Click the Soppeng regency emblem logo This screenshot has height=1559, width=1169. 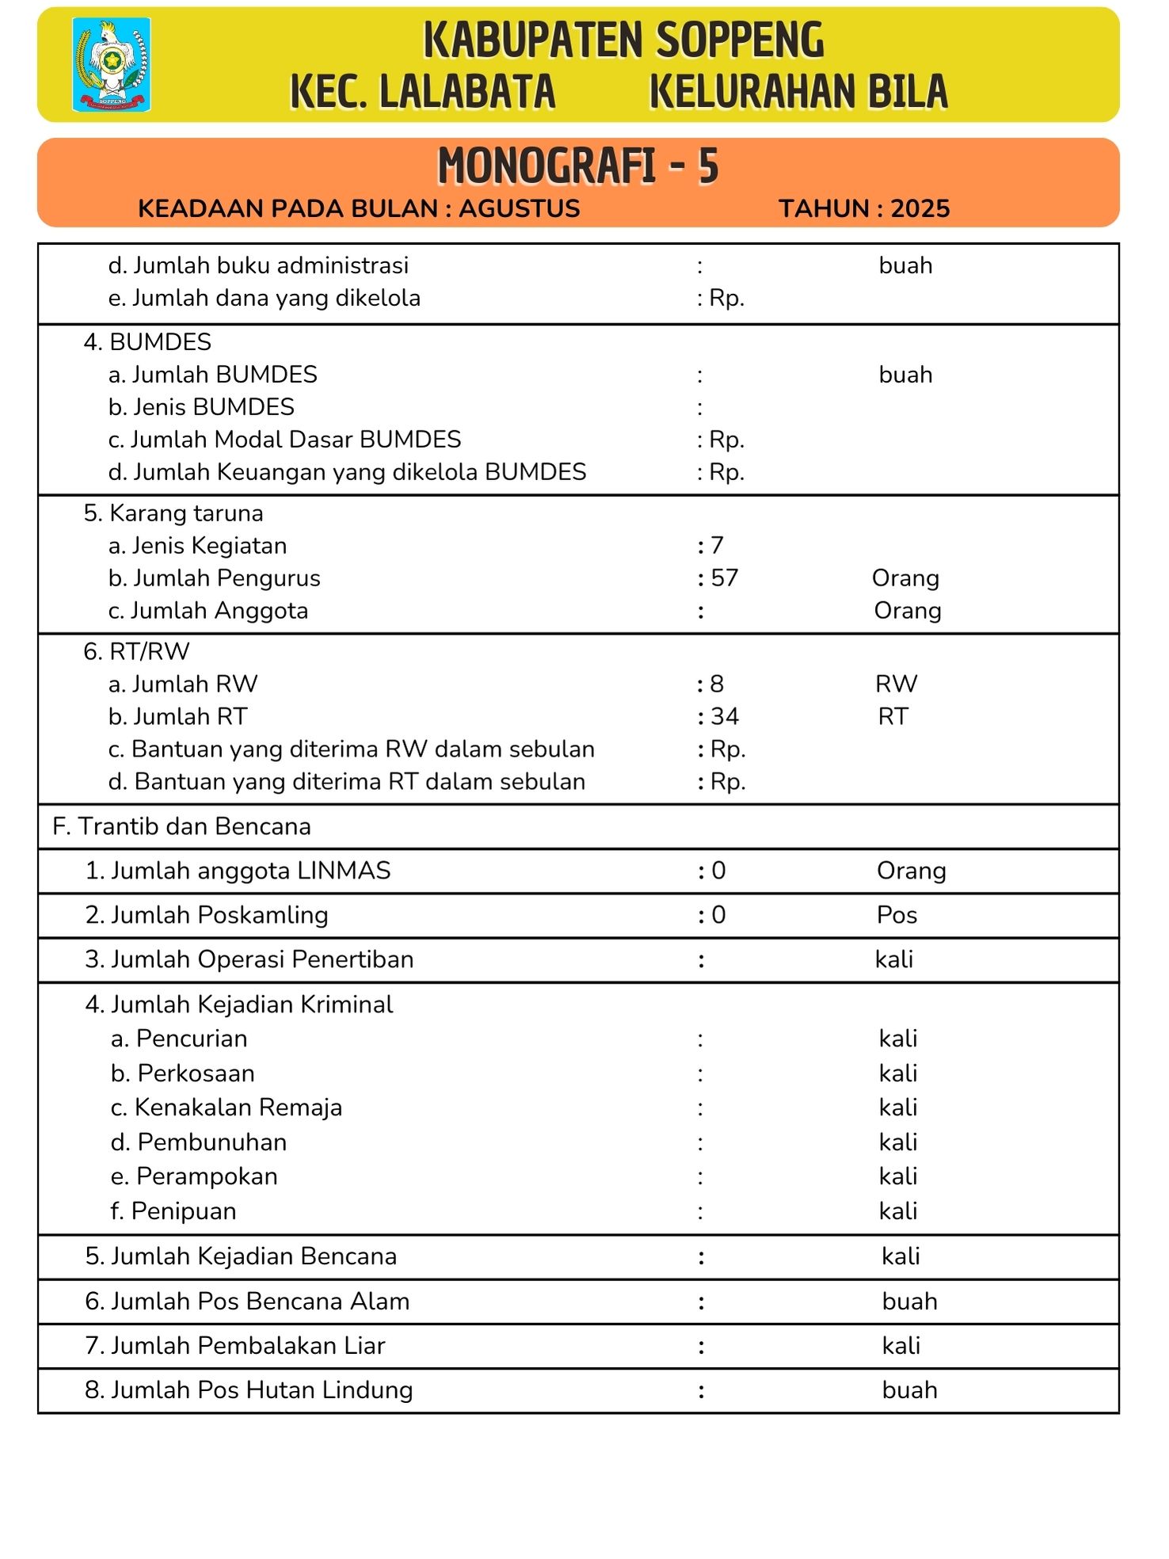112,64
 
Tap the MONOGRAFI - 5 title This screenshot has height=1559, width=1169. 577,166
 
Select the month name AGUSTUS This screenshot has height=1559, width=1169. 520,208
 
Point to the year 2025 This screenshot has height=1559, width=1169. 920,208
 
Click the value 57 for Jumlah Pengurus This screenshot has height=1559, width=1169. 725,578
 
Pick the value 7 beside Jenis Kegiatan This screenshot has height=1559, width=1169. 717,546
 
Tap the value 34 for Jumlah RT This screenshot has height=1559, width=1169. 725,717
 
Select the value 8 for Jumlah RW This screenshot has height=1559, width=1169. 717,684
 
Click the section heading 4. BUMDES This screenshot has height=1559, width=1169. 147,342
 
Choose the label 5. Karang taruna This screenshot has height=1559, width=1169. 173,513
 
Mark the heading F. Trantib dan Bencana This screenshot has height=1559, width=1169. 181,827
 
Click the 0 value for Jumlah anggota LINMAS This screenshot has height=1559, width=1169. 718,871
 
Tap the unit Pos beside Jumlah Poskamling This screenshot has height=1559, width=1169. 897,916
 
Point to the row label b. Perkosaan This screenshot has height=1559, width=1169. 183,1073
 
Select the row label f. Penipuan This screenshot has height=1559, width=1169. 173,1211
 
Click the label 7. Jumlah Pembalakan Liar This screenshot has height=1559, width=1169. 235,1346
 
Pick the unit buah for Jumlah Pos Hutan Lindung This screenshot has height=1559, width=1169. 909,1390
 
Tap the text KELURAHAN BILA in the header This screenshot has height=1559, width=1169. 798,91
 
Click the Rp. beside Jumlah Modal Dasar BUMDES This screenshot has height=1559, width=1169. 726,440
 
